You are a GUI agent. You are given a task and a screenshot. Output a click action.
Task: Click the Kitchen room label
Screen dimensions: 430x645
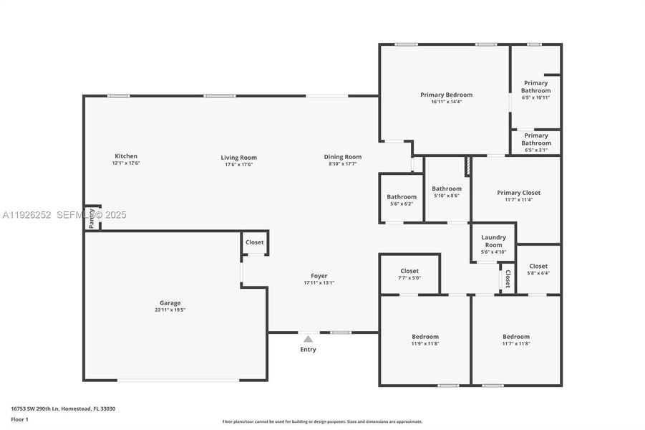pyautogui.click(x=126, y=156)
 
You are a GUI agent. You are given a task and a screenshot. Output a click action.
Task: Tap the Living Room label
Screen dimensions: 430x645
pyautogui.click(x=238, y=158)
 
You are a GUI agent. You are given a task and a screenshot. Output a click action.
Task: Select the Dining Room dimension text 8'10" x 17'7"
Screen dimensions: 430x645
pyautogui.click(x=342, y=165)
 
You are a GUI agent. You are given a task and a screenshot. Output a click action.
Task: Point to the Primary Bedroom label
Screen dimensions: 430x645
pyautogui.click(x=446, y=95)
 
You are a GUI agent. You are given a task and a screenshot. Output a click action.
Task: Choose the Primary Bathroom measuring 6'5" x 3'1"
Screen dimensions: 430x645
pyautogui.click(x=535, y=142)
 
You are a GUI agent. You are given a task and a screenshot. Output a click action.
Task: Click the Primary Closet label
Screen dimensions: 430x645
pyautogui.click(x=518, y=193)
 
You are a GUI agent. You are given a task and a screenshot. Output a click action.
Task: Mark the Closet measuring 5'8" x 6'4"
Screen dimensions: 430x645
pyautogui.click(x=538, y=269)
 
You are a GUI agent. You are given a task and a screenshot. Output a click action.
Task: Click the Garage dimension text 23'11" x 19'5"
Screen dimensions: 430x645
pyautogui.click(x=170, y=310)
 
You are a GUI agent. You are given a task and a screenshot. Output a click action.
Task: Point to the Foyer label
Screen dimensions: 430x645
pyautogui.click(x=319, y=276)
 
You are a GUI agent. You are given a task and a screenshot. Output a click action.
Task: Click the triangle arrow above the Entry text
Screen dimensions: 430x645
pyautogui.click(x=308, y=339)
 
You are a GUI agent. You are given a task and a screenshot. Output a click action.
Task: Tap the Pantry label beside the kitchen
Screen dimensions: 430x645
pyautogui.click(x=92, y=221)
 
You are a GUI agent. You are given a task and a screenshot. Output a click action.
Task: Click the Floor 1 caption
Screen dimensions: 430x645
pyautogui.click(x=20, y=419)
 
